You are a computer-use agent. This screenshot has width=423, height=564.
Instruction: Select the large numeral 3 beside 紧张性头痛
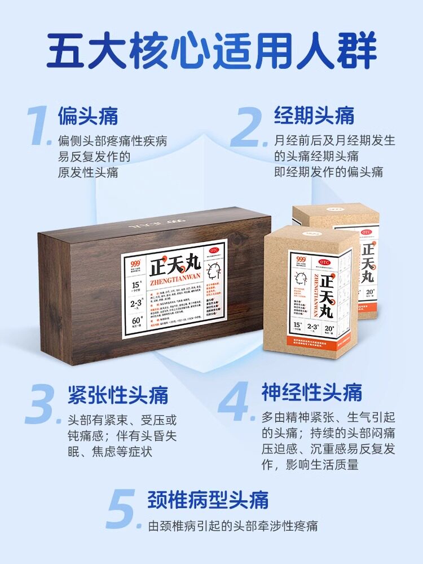[x=43, y=404]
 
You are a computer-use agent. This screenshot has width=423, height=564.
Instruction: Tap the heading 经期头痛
[x=314, y=116]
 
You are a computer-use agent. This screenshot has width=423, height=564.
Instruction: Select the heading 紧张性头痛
[x=117, y=394]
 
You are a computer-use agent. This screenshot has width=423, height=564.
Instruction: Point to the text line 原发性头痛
[x=88, y=172]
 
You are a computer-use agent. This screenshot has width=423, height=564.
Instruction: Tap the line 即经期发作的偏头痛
[x=329, y=171]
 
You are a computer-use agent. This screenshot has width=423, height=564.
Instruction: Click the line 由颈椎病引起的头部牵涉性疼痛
[x=232, y=526]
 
